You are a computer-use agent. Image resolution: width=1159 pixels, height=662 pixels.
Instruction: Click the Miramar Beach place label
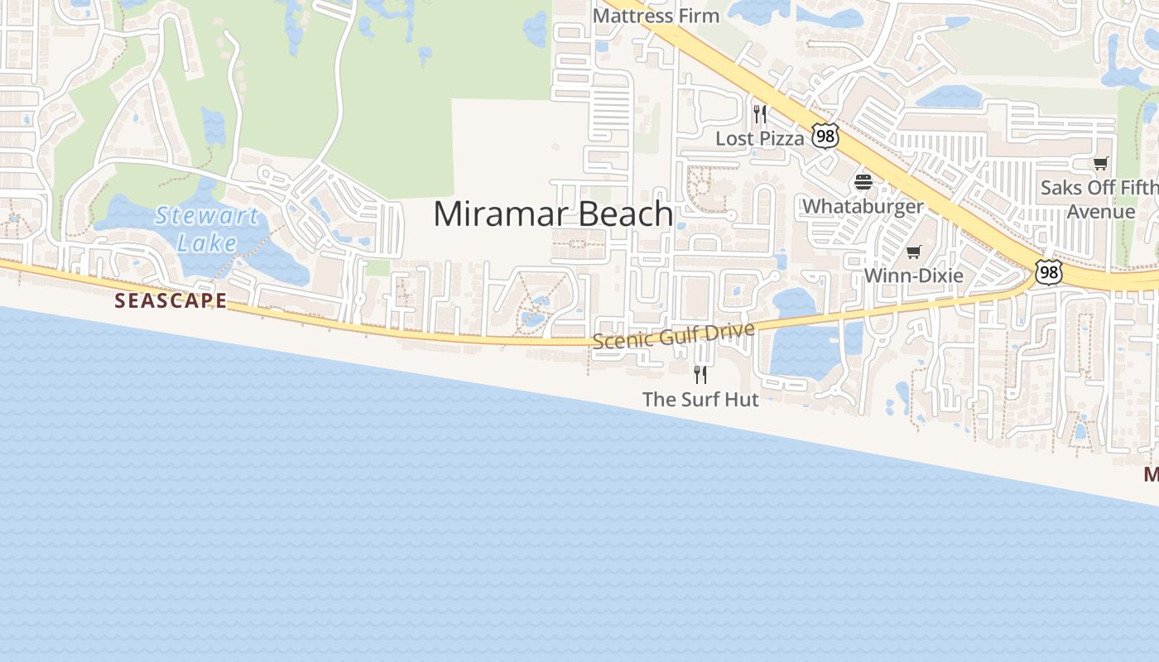[x=552, y=214]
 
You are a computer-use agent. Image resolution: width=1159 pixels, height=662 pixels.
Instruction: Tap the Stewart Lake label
[x=207, y=229]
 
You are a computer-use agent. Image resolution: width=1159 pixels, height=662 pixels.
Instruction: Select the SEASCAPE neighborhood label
[x=171, y=300]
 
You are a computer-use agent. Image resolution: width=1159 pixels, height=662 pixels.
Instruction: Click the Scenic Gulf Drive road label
[x=673, y=335]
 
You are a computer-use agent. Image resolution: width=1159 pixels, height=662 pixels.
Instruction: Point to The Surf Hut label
[x=700, y=399]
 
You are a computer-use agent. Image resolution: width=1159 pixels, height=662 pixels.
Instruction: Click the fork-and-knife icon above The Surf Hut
[x=700, y=375]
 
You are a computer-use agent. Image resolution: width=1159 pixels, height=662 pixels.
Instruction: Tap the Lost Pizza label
[x=759, y=138]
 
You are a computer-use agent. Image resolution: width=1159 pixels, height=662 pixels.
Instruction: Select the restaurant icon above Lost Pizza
[x=759, y=114]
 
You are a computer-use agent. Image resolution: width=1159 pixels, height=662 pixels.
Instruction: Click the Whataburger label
[x=863, y=206]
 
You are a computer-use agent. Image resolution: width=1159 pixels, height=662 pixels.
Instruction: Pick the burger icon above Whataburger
[x=863, y=182]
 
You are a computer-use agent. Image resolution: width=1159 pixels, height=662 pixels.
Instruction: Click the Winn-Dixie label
[x=913, y=276]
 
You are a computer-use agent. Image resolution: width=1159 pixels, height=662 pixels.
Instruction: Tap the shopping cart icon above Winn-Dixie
[x=913, y=252]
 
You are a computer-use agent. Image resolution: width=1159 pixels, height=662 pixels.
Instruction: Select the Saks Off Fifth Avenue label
[x=1099, y=199]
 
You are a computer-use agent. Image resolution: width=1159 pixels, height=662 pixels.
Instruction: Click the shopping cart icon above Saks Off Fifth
[x=1100, y=163]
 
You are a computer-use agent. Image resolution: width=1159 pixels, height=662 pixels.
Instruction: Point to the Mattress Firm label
[x=656, y=15]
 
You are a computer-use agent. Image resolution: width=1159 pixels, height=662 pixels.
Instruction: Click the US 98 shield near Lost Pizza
[x=825, y=136]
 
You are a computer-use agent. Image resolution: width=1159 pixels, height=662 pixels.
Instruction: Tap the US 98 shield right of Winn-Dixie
[x=1048, y=272]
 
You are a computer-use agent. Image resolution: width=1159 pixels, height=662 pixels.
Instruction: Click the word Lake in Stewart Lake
[x=207, y=243]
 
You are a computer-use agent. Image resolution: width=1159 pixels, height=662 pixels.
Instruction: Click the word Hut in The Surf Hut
[x=740, y=399]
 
